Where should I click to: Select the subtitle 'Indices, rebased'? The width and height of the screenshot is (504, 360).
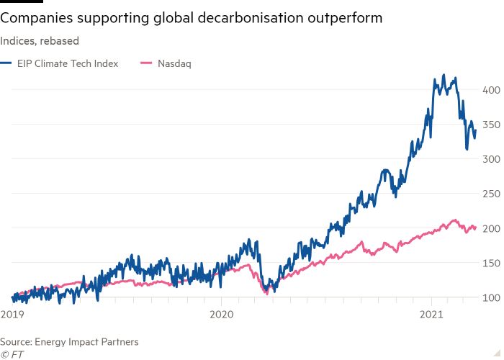tap(40, 41)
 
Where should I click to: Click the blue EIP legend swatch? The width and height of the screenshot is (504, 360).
tap(6, 63)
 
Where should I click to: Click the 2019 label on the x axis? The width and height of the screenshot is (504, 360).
tap(12, 314)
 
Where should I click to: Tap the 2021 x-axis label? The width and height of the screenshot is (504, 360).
tap(431, 314)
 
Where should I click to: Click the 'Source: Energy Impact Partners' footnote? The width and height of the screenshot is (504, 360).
tap(69, 341)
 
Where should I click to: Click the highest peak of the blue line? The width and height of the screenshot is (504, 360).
tap(444, 75)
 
